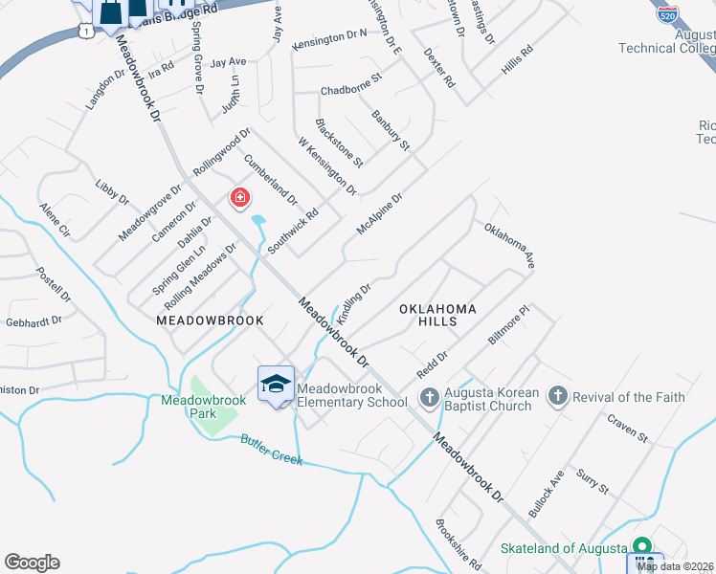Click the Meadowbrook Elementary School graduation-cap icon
[276, 384]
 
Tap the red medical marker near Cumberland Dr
[239, 199]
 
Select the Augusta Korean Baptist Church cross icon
[430, 396]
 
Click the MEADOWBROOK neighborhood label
[209, 321]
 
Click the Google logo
[32, 563]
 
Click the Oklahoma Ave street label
[508, 245]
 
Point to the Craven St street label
[627, 430]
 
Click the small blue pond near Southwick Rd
[258, 227]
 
